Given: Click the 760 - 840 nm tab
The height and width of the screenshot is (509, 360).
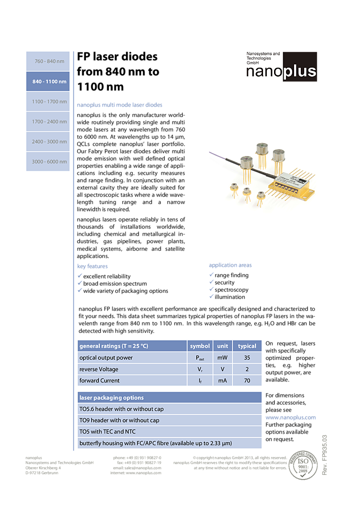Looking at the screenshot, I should pos(48,62).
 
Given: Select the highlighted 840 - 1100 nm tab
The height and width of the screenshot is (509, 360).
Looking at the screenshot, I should pos(48,82).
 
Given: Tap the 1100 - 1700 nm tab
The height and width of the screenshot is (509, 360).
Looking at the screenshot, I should pos(48,102).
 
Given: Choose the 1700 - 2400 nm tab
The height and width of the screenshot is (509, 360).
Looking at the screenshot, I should pos(48,122).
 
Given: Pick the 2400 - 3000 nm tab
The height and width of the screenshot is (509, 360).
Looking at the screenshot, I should pos(48,142).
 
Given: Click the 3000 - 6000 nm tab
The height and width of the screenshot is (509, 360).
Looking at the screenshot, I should pos(48,162).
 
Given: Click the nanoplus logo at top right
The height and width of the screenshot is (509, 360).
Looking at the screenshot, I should pos(282,67).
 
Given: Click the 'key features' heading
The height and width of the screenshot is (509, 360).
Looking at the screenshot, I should pos(93,266).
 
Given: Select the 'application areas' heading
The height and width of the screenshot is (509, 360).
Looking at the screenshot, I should pos(230,265).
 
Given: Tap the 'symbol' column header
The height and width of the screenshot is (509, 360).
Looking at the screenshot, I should pos(200,346).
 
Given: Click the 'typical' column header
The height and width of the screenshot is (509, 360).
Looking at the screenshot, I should pos(247,346).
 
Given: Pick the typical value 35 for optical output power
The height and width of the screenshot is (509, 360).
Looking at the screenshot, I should pos(247,357).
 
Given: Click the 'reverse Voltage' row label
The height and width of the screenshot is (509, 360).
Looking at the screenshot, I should pos(99,369).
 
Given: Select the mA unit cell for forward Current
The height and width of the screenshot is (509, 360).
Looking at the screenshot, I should pos(222,381).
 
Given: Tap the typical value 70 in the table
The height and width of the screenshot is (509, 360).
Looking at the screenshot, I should pos(247,381).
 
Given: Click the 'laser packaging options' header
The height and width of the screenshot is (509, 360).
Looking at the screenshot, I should pos(112,397).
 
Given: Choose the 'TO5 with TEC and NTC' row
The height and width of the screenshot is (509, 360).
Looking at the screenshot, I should pos(107,432).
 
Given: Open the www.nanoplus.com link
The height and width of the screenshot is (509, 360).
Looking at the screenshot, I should pos(290,417).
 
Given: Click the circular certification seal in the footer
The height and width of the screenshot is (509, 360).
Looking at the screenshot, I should pos(303,465).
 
